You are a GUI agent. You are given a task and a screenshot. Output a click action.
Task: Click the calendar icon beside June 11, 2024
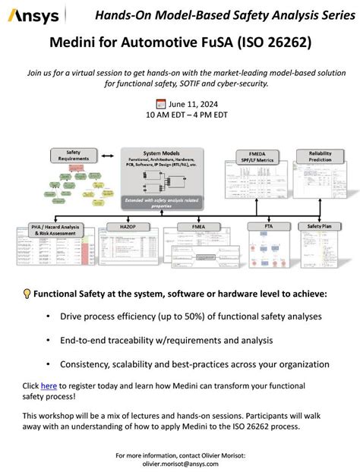(x=160, y=104)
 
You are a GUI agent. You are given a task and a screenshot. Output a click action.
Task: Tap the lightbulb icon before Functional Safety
(x=27, y=294)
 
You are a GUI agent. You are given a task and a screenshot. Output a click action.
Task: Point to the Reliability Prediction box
(x=320, y=156)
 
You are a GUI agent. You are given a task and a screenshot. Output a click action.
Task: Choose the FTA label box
(x=259, y=226)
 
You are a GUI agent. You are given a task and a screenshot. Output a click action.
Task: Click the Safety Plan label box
(x=319, y=226)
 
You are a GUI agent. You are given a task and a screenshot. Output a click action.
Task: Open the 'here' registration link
(x=49, y=385)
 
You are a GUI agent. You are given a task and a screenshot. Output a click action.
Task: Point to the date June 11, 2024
(x=188, y=104)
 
